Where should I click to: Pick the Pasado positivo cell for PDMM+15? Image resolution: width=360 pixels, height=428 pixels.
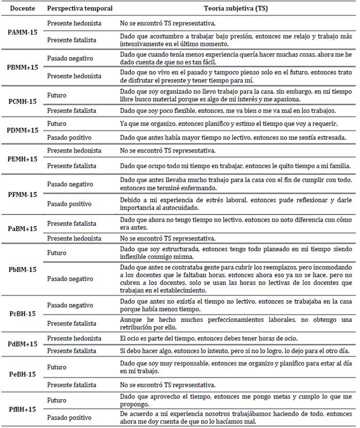(x=71, y=138)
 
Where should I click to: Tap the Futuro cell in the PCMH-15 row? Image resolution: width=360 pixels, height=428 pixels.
(x=57, y=95)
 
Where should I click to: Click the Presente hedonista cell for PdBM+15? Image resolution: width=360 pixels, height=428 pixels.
(x=74, y=338)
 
